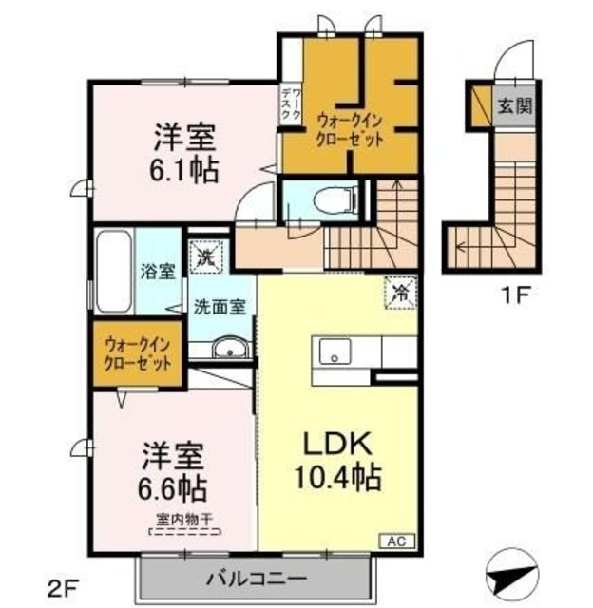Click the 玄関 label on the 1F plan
516,104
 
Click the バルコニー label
255,578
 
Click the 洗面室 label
220,307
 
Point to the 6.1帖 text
184,171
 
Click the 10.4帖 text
337,475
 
